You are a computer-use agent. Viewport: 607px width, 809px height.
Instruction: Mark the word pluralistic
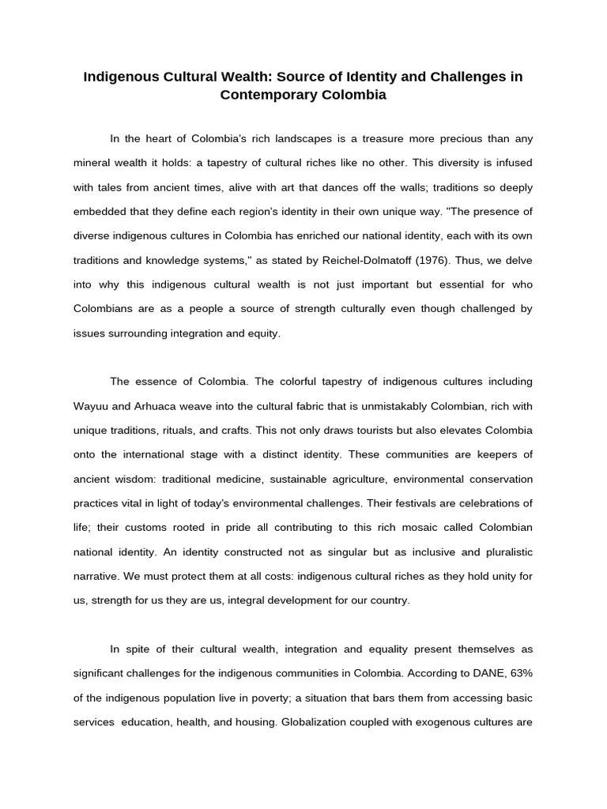click(x=501, y=552)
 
